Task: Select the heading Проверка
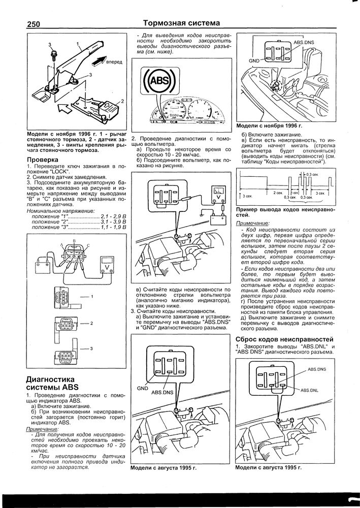pos(42,160)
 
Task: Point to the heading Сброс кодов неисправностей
pos(284,339)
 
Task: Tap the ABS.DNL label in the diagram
pos(309,390)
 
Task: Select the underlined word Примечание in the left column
pos(41,430)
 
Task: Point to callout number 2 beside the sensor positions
pos(91,323)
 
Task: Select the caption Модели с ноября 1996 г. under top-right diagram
pos(270,125)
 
